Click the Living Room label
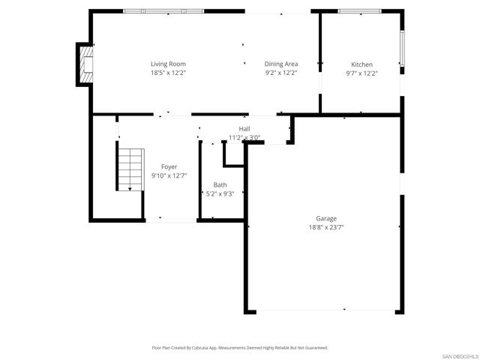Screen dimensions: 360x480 tap(168, 64)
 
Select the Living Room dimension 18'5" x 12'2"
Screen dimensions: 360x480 tap(168, 73)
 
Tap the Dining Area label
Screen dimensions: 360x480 tap(281, 64)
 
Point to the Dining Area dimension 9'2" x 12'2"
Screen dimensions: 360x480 tap(281, 73)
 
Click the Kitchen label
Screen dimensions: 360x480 tap(362, 64)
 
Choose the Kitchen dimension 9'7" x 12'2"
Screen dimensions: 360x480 tap(362, 73)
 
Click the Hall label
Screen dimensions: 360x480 tap(244, 129)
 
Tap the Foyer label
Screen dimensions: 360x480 tap(169, 166)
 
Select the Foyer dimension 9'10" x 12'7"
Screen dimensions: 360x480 tap(169, 175)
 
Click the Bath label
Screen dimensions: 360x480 tap(220, 184)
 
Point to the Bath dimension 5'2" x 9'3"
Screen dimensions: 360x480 tap(220, 193)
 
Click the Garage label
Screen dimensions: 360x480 tap(326, 218)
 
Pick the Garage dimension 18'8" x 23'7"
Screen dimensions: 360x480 tap(326, 227)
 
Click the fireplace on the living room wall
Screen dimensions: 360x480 tap(84, 64)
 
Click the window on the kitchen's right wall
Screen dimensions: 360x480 tap(402, 50)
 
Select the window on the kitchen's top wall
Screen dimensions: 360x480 tap(360, 11)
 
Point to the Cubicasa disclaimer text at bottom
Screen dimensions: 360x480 tap(240, 347)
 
